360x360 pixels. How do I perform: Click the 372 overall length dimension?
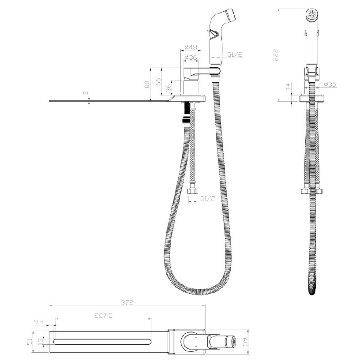coord(127,302)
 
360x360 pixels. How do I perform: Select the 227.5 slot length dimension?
coord(103,315)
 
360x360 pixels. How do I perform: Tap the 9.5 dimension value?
coord(38,322)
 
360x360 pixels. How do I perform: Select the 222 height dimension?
coord(275,55)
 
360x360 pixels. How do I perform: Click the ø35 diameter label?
coord(330,85)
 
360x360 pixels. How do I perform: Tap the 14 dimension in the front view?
coord(288,86)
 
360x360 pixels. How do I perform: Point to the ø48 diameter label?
coord(191,47)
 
